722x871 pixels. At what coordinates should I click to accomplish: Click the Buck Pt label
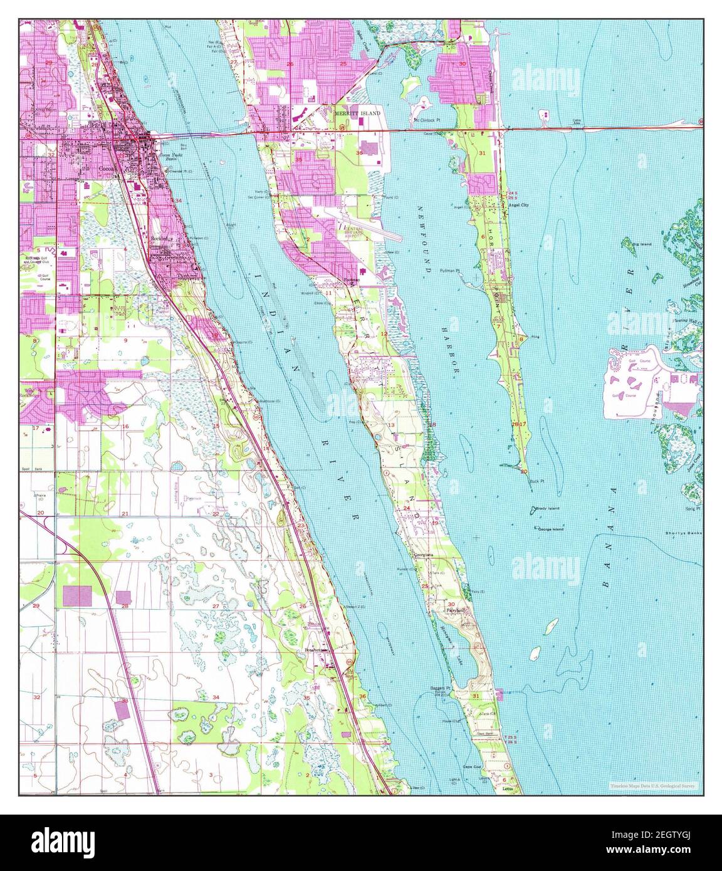click(535, 481)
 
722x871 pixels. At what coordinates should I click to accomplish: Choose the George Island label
click(550, 529)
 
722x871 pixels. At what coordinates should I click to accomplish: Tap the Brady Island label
click(548, 508)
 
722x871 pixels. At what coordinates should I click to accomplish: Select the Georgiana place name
click(424, 555)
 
